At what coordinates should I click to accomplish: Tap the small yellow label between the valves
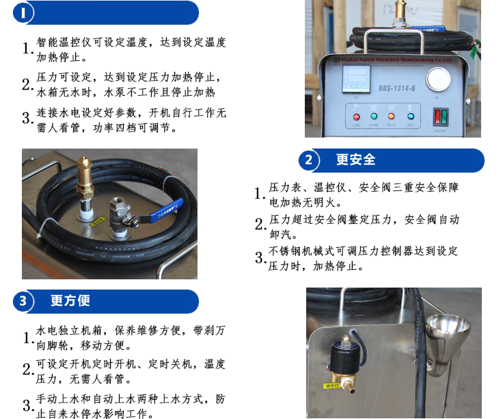(x=98, y=223)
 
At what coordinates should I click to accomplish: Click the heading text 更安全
(x=356, y=160)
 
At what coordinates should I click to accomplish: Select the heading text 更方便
(x=70, y=301)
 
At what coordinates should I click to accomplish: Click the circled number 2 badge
(x=309, y=161)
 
